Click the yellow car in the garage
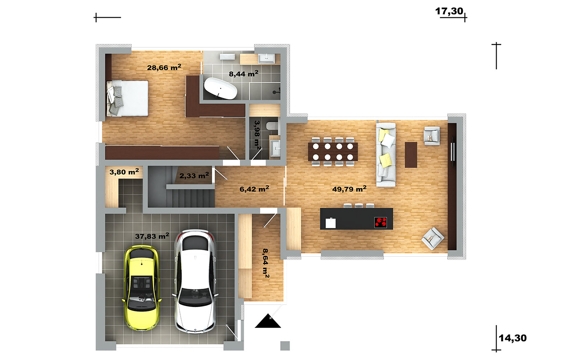142,288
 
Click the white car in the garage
195,281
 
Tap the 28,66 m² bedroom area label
164,67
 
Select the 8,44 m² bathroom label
244,74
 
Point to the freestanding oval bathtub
221,88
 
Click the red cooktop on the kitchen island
381,223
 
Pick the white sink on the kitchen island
330,223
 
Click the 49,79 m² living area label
349,189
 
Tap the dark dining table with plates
333,152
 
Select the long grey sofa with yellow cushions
386,155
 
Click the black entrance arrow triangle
268,321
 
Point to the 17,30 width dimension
449,12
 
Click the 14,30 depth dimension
513,338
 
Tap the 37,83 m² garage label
152,236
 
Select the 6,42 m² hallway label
254,189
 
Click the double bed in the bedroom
127,98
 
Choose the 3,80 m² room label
124,172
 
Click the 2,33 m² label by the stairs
194,176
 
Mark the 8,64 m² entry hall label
266,263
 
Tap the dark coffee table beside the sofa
411,155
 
